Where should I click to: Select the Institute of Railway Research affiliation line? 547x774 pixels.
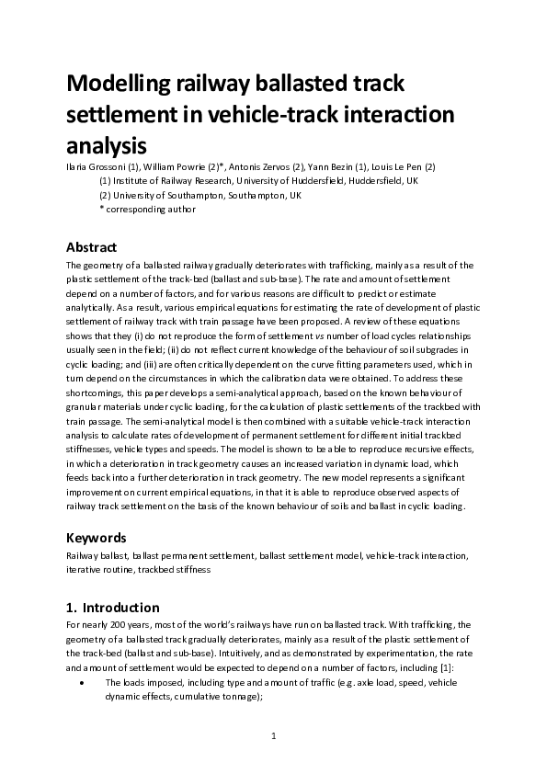(258, 181)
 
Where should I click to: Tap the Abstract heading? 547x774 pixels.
(92, 247)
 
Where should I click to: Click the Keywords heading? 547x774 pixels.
(97, 537)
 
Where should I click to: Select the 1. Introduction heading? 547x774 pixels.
(113, 607)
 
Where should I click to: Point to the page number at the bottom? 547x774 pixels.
(273, 736)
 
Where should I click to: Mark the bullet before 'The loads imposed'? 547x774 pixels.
(84, 683)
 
